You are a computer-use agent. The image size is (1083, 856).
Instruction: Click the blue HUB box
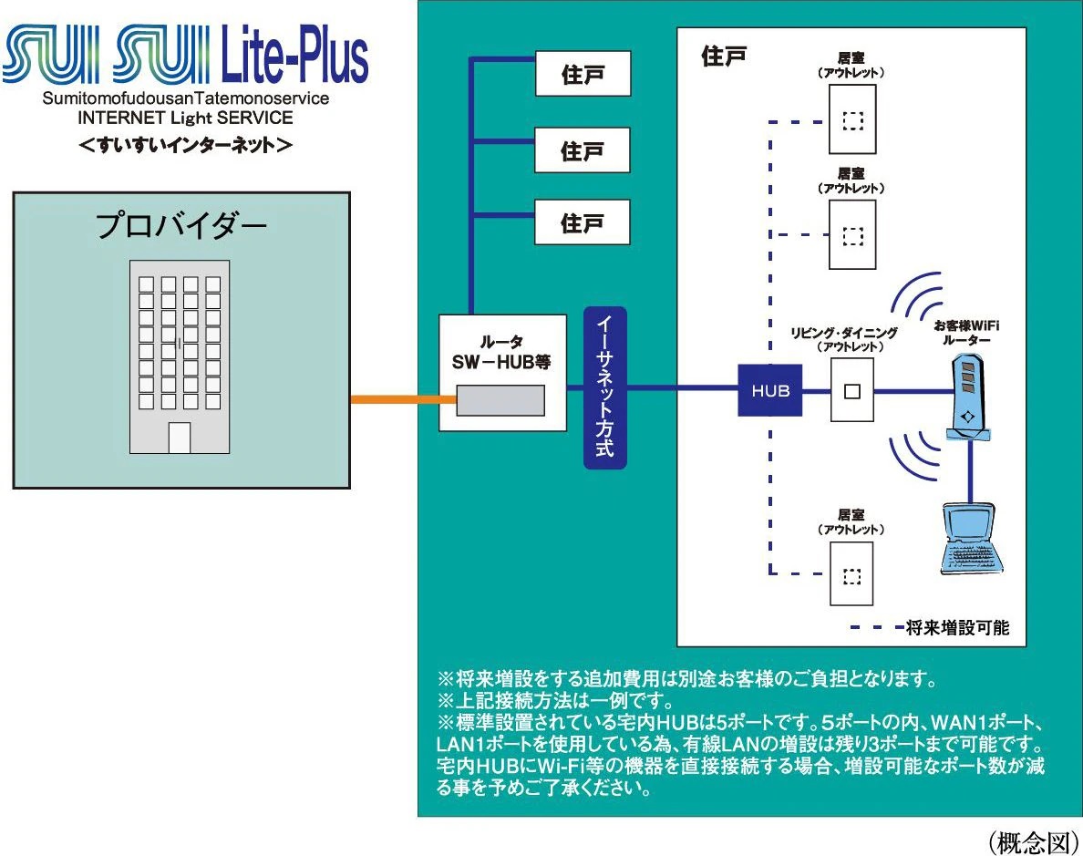point(770,391)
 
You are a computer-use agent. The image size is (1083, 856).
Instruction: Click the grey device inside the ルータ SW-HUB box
point(500,400)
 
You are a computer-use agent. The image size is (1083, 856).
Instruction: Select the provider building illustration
point(179,356)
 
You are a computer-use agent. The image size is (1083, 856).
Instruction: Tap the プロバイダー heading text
point(181,225)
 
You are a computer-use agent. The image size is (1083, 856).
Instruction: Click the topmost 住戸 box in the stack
point(583,74)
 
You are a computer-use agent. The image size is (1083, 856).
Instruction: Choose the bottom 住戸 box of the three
point(583,222)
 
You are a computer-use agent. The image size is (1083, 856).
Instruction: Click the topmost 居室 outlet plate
point(852,119)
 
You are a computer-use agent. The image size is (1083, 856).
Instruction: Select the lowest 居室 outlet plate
point(851,574)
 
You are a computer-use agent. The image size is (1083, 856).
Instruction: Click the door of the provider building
point(180,438)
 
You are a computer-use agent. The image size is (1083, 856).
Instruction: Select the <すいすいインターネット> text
point(185,145)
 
